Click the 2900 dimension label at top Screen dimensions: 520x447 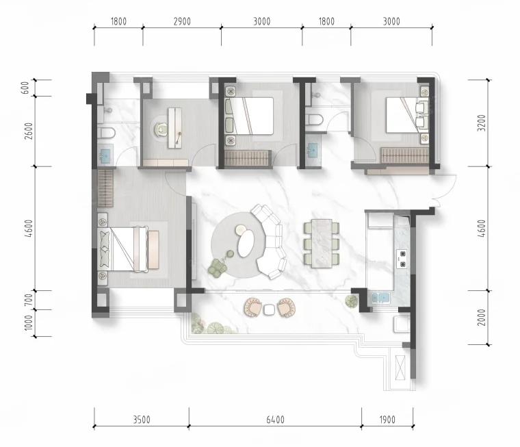tap(182, 22)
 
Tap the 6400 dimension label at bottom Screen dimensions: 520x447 tap(275, 420)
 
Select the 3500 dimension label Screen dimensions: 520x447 tap(142, 420)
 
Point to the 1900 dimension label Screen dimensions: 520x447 tap(387, 420)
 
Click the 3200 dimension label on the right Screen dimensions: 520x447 tap(482, 123)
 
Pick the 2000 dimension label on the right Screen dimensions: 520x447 tap(482, 317)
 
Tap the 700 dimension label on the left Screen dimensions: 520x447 tap(29, 300)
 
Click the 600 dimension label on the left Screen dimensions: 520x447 tap(25, 88)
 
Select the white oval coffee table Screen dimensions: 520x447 tap(246, 244)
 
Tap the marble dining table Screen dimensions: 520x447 tap(322, 243)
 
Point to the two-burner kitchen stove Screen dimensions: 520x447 tap(402, 259)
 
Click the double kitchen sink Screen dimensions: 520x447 tap(380, 298)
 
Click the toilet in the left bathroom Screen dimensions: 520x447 tap(107, 133)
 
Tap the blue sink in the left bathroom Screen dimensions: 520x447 tap(106, 155)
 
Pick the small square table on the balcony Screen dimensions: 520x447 tap(269, 310)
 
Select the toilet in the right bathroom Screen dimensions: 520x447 tap(314, 120)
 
